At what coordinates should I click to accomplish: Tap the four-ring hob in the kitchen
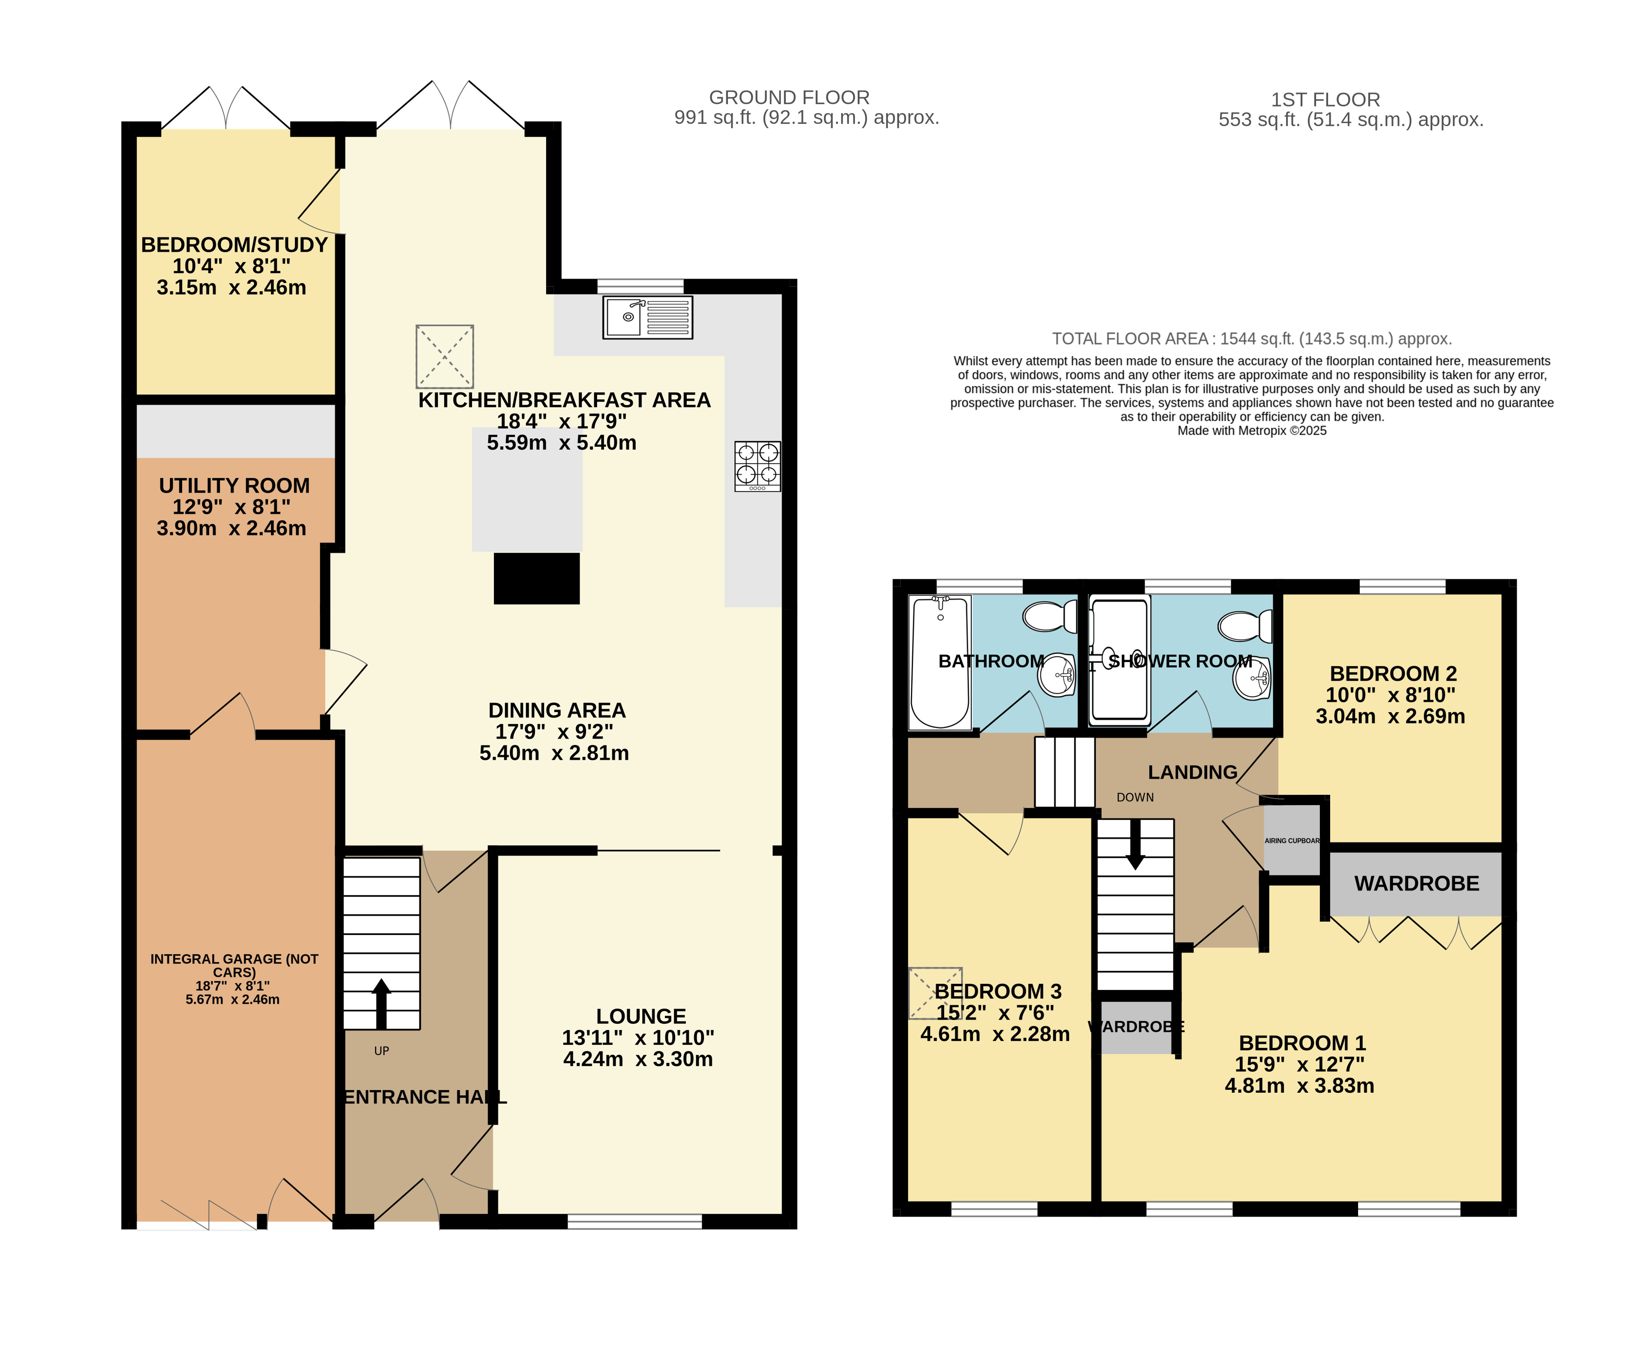[757, 466]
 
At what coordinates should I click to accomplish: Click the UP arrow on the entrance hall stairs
[381, 1003]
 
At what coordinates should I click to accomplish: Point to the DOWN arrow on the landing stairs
[1135, 844]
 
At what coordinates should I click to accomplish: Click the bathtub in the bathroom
[940, 662]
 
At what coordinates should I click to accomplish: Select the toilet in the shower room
[1245, 626]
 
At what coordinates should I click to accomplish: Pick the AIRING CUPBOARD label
[1292, 841]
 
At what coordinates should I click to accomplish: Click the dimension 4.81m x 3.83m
[1299, 1085]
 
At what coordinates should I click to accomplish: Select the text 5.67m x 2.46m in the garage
[232, 999]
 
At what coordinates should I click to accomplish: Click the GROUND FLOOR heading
[789, 97]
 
